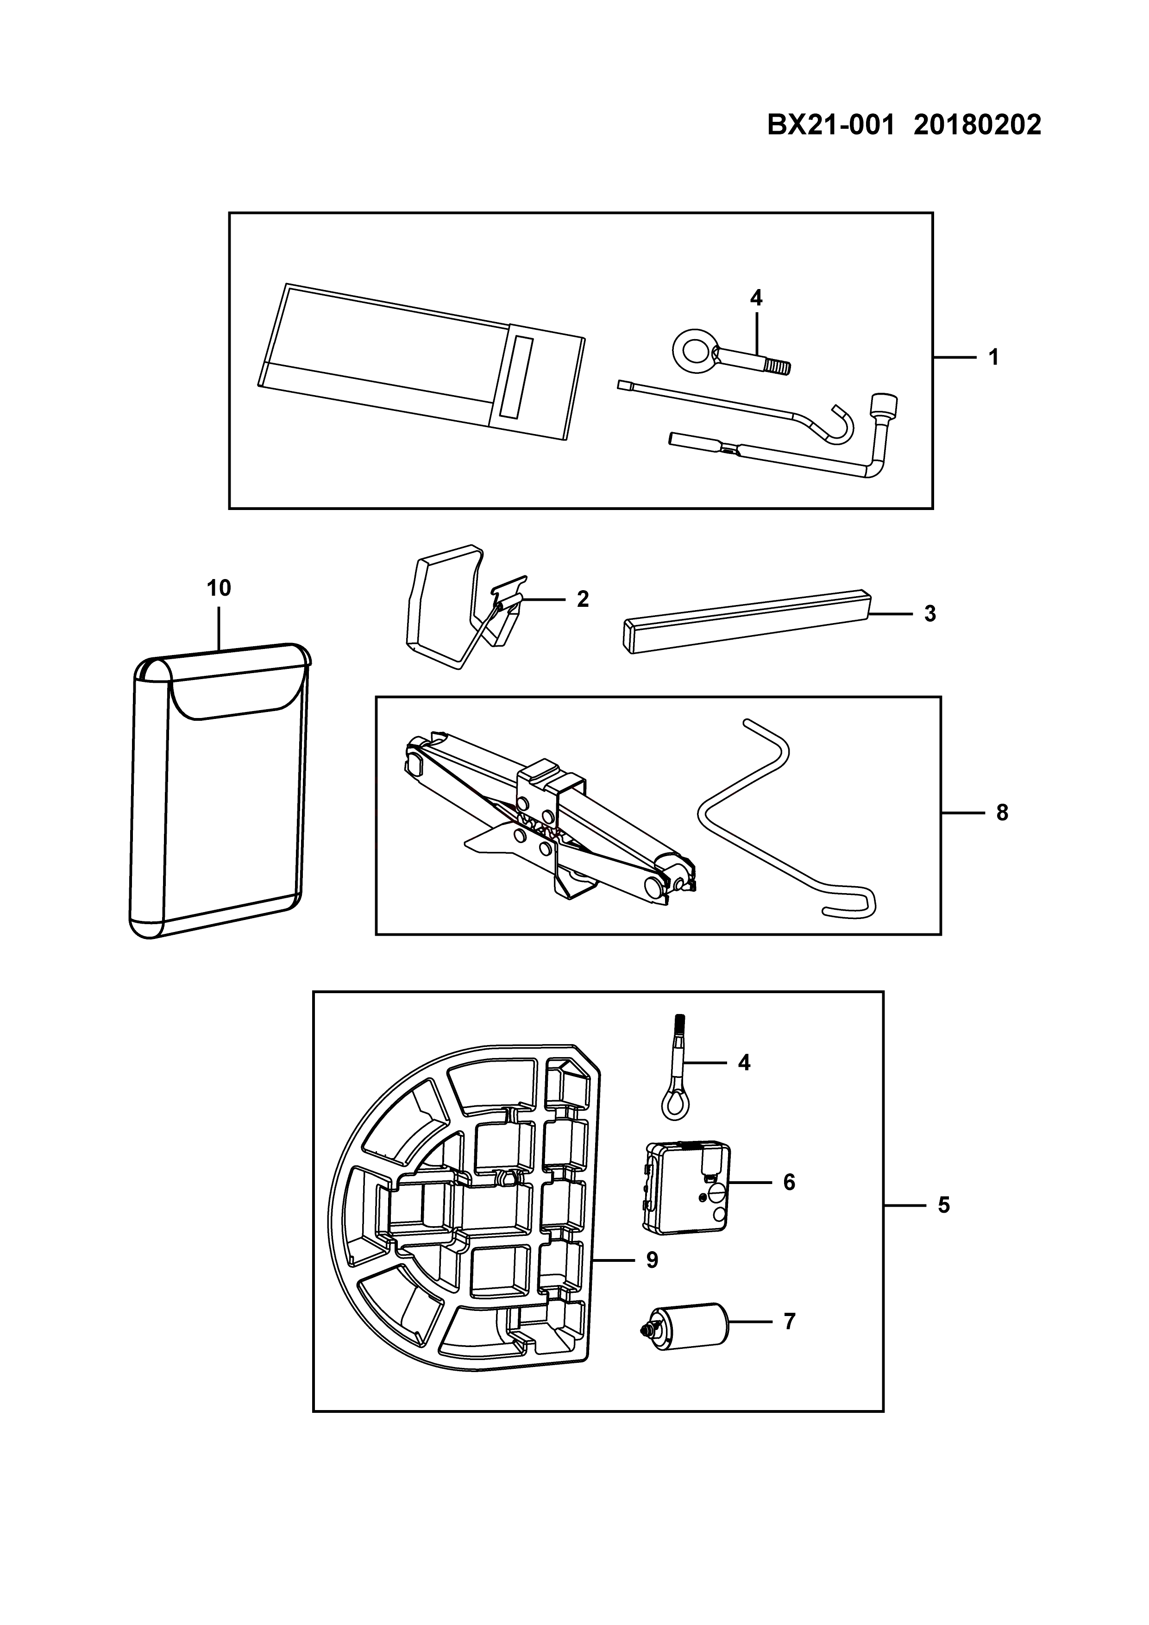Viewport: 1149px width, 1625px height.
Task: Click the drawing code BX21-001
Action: coord(831,125)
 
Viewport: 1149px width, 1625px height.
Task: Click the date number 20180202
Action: coord(977,125)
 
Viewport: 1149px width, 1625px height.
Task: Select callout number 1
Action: coord(993,358)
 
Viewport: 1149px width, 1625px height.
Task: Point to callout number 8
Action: coord(1002,813)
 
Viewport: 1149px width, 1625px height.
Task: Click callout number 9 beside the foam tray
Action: coord(652,1260)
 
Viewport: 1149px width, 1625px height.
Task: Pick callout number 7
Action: coord(790,1322)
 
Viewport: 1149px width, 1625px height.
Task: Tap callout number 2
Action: coord(582,599)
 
